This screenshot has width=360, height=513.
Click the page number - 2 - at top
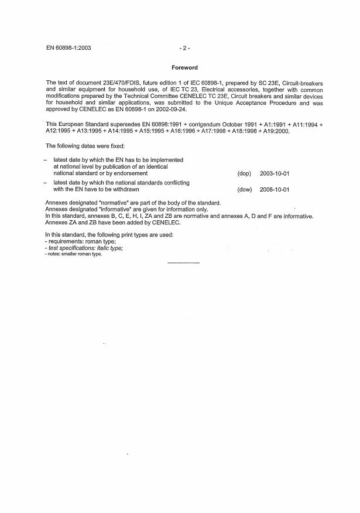[184, 46]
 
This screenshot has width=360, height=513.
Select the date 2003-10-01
[275, 173]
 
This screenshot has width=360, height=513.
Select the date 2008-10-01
[275, 189]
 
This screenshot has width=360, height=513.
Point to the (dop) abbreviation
[244, 173]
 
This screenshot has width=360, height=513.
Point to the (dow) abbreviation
[244, 189]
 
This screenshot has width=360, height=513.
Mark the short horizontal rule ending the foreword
[183, 262]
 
